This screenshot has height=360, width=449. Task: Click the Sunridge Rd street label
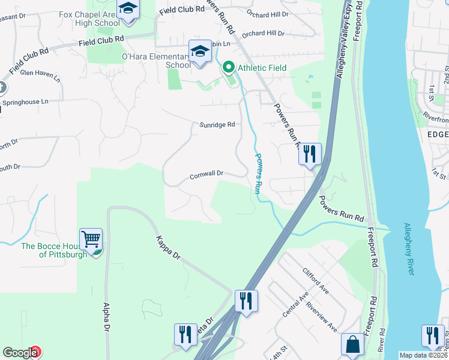click(216, 125)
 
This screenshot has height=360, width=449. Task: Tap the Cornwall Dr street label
click(206, 174)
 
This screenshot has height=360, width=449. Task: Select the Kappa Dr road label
click(168, 247)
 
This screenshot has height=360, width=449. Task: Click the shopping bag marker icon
click(352, 345)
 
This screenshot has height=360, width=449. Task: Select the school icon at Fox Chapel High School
click(128, 10)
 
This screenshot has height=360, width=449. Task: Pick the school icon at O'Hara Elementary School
click(200, 52)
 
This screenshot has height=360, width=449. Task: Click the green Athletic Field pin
click(228, 68)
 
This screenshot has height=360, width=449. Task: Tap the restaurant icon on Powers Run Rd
click(310, 154)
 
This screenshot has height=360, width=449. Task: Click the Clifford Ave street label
click(316, 280)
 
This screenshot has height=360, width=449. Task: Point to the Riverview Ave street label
click(321, 316)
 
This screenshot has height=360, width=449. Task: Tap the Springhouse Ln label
click(24, 102)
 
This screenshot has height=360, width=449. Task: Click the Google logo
click(20, 353)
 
